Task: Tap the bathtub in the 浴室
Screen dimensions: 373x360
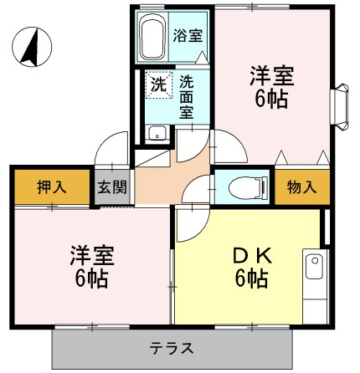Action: coord(152,37)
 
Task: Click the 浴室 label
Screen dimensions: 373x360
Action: coord(185,38)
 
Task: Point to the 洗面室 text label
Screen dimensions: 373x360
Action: coord(186,96)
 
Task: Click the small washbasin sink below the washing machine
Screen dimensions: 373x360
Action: coord(156,133)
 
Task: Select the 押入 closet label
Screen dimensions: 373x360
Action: coord(51,186)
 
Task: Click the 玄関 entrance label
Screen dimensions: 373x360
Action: coord(111,186)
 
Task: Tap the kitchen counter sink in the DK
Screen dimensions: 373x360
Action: coord(314,271)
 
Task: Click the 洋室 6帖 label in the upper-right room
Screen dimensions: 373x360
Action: coord(271,85)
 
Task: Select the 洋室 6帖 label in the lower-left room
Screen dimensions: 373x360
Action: coord(90,266)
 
